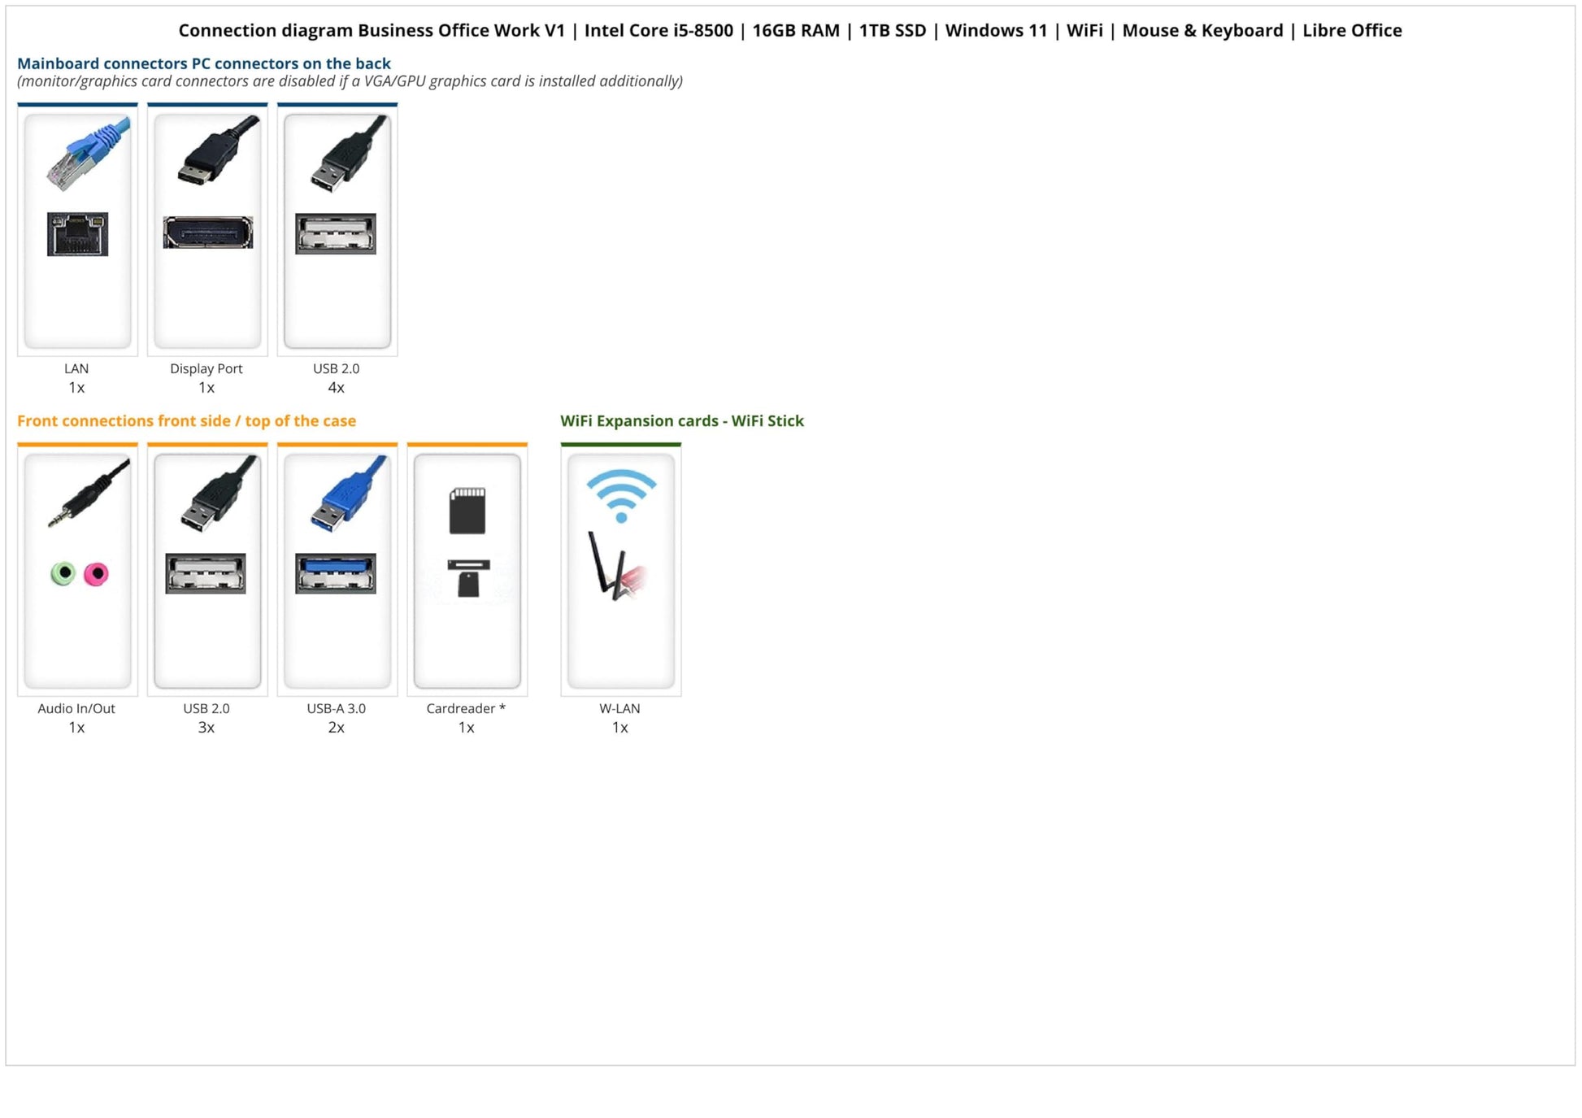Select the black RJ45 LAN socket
coord(77,234)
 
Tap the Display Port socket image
coord(207,233)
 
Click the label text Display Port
coord(206,368)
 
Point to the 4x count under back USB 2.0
coord(336,388)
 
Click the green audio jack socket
coord(63,573)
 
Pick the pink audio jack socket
coord(97,574)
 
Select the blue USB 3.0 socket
coord(336,573)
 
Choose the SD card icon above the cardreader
coord(467,511)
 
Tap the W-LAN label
coord(619,708)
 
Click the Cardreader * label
coord(466,708)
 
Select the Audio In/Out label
coord(76,708)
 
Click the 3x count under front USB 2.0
coord(206,728)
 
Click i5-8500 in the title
coord(702,31)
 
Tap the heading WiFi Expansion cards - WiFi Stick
coord(681,421)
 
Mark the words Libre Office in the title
coord(1352,31)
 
